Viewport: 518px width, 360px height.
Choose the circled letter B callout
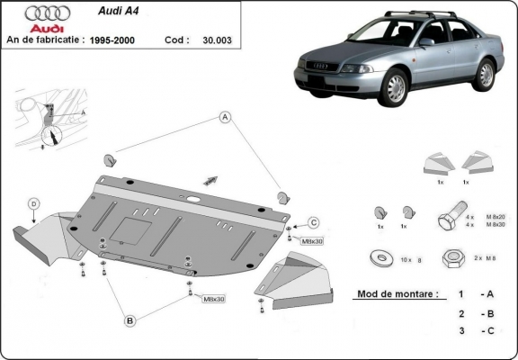[129, 319]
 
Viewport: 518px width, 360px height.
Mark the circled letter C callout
[314, 223]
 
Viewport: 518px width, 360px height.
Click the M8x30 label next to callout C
[311, 241]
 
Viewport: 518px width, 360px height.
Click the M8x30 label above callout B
[213, 298]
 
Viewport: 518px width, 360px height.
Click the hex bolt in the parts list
[449, 219]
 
